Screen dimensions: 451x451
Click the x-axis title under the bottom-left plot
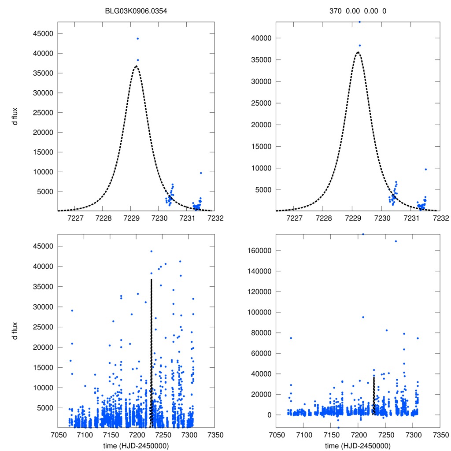click(136, 445)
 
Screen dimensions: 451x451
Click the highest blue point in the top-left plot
click(138, 39)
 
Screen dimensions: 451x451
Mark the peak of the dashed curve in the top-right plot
click(358, 52)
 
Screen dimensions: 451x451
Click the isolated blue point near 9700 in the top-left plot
click(201, 173)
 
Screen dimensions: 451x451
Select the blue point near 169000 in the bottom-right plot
click(396, 241)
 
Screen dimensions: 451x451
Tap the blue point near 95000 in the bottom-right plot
click(363, 317)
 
